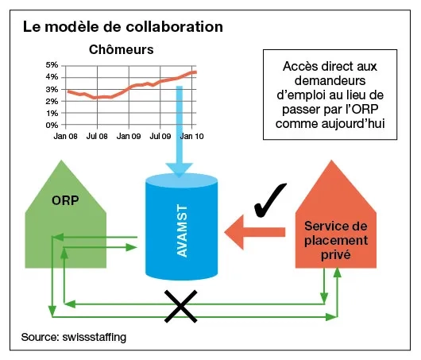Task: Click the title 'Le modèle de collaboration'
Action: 122,27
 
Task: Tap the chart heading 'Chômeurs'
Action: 121,50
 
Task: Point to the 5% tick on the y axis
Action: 52,65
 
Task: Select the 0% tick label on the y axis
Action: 52,125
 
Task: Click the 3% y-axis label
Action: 52,89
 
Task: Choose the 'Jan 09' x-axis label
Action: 129,136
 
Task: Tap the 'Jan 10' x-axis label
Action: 191,136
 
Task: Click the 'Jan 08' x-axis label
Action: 66,136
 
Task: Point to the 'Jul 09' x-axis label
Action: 160,136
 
